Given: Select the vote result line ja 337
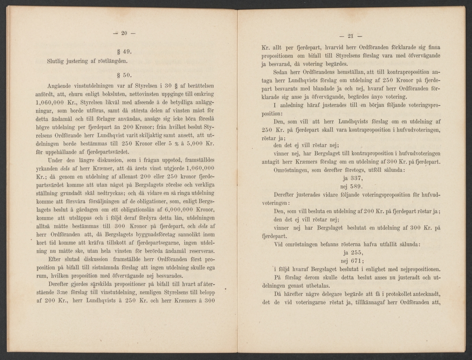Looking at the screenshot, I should point(350,177).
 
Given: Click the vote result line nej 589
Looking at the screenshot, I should point(350,186).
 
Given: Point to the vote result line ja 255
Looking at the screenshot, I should point(350,252).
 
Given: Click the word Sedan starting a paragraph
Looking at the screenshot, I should point(281,73).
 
